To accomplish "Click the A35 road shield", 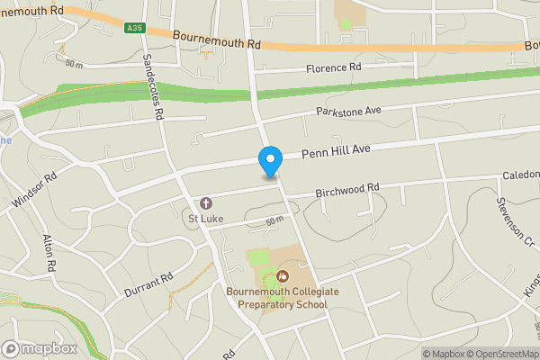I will (134, 28).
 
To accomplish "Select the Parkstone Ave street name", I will (348, 111).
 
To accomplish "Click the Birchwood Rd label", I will (347, 190).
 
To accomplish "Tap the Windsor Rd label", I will (35, 192).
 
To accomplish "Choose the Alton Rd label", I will (50, 255).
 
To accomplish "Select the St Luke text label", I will (205, 218).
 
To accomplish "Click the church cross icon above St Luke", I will (205, 203).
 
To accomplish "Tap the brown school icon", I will (283, 274).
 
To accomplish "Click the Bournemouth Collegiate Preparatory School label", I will (277, 298).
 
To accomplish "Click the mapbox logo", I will (39, 348).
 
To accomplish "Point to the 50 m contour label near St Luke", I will (275, 220).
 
